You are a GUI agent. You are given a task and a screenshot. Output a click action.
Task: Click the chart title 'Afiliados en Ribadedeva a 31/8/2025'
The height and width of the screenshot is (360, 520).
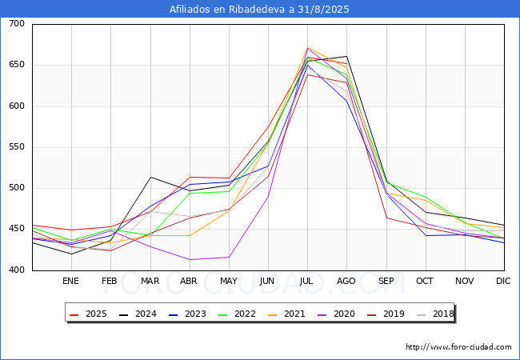pyautogui.click(x=259, y=10)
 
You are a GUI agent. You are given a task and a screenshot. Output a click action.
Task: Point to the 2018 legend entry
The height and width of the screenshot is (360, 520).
pyautogui.click(x=437, y=314)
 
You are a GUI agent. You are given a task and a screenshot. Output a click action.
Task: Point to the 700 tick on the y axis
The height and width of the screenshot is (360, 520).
pyautogui.click(x=16, y=24)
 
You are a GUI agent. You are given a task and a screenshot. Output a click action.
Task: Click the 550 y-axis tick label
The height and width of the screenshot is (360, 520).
pyautogui.click(x=16, y=147)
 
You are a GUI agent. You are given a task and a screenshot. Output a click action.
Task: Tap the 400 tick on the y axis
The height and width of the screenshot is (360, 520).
pyautogui.click(x=16, y=270)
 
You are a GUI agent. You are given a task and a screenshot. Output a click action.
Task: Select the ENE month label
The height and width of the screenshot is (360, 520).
pyautogui.click(x=71, y=281)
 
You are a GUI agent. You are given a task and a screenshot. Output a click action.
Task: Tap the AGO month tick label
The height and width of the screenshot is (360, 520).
pyautogui.click(x=346, y=281)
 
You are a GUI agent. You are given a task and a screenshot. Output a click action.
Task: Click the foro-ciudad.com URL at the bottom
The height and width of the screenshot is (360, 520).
pyautogui.click(x=458, y=347)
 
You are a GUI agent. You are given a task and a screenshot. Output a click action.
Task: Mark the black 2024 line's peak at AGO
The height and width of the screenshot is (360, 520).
pyautogui.click(x=346, y=57)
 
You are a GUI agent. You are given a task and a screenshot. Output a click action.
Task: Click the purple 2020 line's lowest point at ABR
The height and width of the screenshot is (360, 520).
pyautogui.click(x=190, y=259)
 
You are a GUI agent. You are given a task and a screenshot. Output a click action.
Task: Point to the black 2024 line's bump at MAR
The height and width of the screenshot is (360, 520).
pyautogui.click(x=150, y=177)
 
